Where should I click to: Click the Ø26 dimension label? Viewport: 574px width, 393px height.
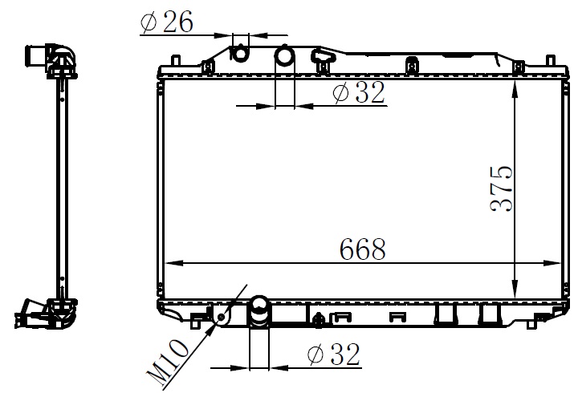166,22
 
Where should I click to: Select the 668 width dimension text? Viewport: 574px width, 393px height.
363,249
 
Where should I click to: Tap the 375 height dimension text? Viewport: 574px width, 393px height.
501,188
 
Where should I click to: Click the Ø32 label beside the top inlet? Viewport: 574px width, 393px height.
359,92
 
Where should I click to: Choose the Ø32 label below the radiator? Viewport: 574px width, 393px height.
334,355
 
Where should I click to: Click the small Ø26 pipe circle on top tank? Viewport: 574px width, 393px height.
240,54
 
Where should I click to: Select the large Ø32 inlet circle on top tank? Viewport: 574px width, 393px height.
284,56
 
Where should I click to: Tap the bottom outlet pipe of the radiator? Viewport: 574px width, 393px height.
259,311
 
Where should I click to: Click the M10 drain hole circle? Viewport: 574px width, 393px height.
222,317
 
